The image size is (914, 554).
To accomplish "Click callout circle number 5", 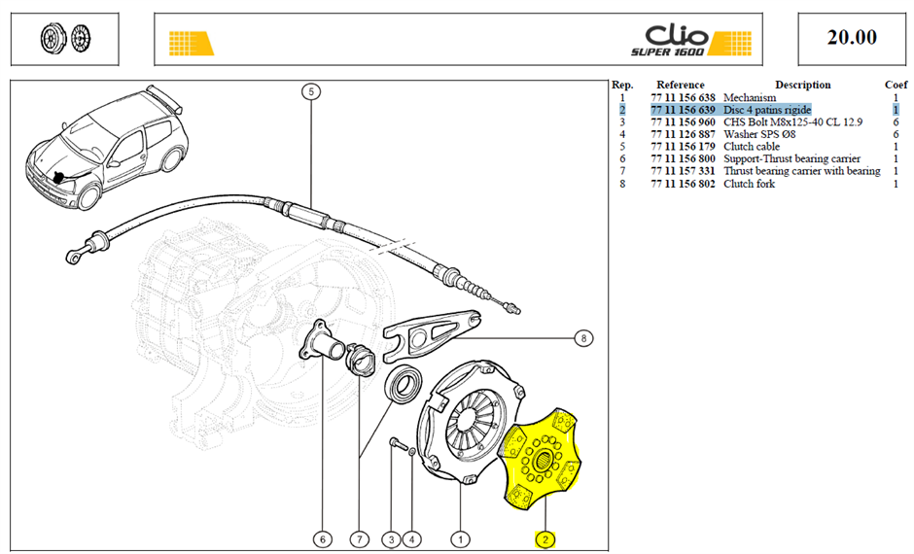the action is point(311,91).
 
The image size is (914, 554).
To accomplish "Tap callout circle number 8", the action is point(583,338).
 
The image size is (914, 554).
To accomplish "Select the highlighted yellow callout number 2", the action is point(545,540).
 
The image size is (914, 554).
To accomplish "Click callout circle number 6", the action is point(323,540).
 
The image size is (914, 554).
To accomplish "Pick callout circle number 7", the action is point(359,540).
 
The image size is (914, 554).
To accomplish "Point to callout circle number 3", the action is point(391,540).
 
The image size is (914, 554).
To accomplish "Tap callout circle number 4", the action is point(411,540).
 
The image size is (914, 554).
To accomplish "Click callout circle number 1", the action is point(461,540).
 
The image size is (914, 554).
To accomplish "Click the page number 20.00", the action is point(852,37).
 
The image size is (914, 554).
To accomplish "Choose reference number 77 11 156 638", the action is point(683,97).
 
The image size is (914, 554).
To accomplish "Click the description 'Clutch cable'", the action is point(752,146).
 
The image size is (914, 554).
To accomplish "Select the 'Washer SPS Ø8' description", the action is point(759,134).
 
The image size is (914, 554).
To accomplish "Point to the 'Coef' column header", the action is point(896,85).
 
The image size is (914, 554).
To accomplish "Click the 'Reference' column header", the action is point(681,85).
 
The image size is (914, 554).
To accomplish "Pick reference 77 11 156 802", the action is point(683,184).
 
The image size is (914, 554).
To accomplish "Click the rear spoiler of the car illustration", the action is point(165,98).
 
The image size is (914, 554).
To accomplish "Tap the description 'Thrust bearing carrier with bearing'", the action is point(802,171).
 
